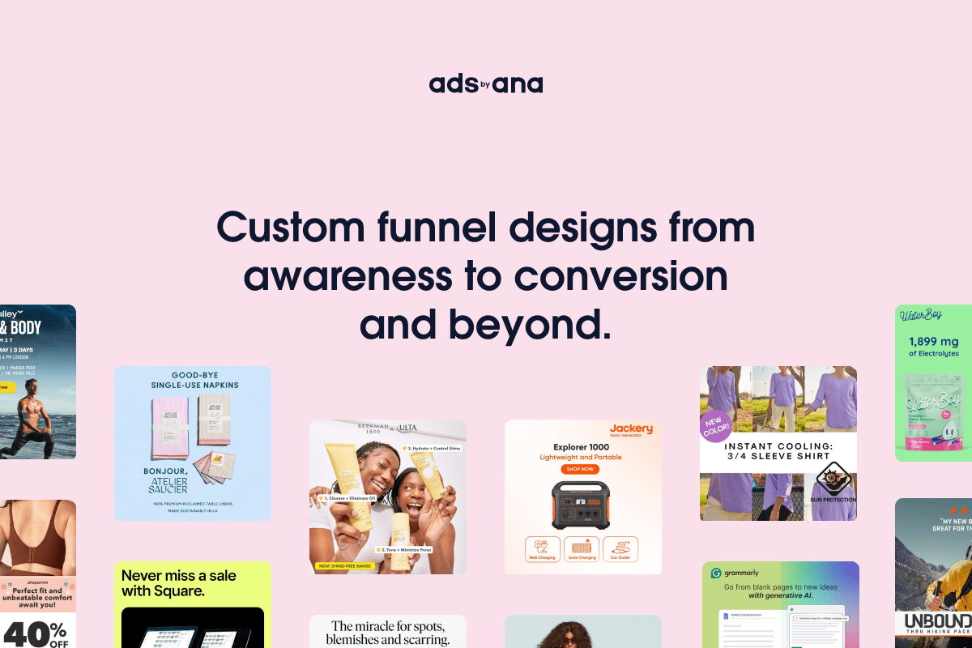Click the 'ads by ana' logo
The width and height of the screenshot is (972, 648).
(x=486, y=84)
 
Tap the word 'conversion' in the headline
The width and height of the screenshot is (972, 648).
(x=620, y=276)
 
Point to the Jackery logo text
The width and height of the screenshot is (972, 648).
(x=631, y=428)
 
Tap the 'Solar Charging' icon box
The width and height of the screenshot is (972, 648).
(x=582, y=548)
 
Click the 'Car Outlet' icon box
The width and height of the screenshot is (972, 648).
(x=620, y=548)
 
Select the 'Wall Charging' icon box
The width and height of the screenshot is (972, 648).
(x=543, y=548)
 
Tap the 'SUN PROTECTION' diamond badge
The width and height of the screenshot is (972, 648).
(x=830, y=484)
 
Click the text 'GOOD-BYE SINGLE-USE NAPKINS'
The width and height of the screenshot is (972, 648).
(x=193, y=380)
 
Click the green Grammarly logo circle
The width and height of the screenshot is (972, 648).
(x=716, y=573)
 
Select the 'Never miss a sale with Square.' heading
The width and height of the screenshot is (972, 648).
(x=179, y=583)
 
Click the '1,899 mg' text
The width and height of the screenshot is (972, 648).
(x=934, y=341)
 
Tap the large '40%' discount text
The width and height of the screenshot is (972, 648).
(x=36, y=633)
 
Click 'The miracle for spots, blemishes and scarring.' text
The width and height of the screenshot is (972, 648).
(x=387, y=633)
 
